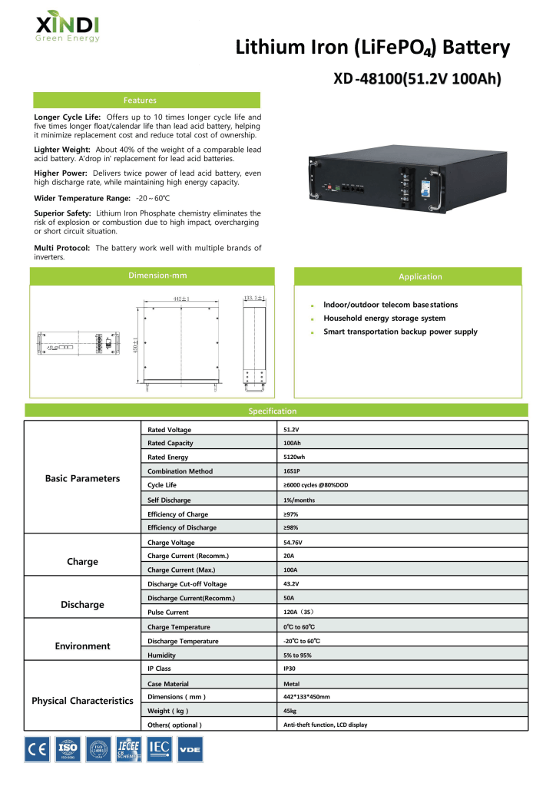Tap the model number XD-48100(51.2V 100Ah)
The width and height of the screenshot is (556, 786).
pyautogui.click(x=422, y=79)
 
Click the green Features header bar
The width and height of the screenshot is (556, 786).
pyautogui.click(x=147, y=100)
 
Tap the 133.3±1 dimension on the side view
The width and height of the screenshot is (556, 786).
pyautogui.click(x=254, y=298)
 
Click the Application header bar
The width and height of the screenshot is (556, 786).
pyautogui.click(x=420, y=276)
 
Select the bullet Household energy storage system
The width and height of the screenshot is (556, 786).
pyautogui.click(x=384, y=318)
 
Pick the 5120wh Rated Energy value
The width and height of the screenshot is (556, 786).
pyautogui.click(x=294, y=457)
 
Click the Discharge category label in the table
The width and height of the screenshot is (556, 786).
pyautogui.click(x=82, y=604)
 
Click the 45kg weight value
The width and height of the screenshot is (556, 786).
pyautogui.click(x=290, y=711)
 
